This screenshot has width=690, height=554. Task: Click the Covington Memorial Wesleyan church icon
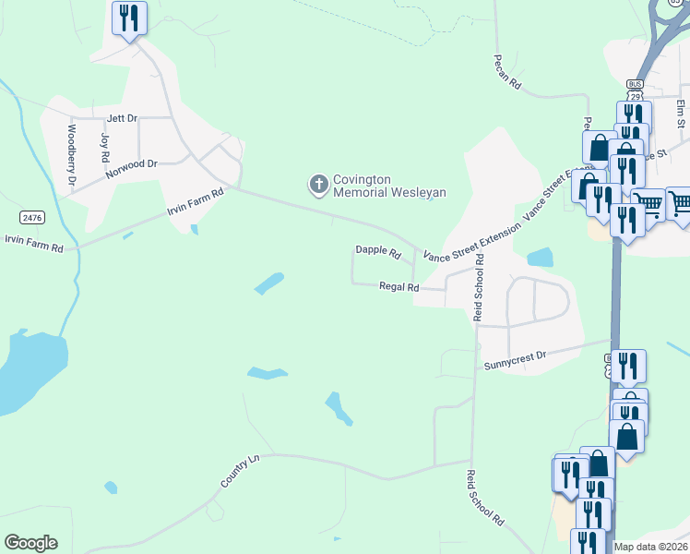(318, 186)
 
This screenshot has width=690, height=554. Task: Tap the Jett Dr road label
(122, 118)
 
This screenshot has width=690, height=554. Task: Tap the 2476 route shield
(31, 218)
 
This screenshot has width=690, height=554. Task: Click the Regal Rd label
(399, 287)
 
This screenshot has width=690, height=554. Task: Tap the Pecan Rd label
(506, 71)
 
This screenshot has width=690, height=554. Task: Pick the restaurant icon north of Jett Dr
(128, 18)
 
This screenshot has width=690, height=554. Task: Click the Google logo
(30, 543)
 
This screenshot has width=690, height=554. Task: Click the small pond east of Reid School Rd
(539, 257)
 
